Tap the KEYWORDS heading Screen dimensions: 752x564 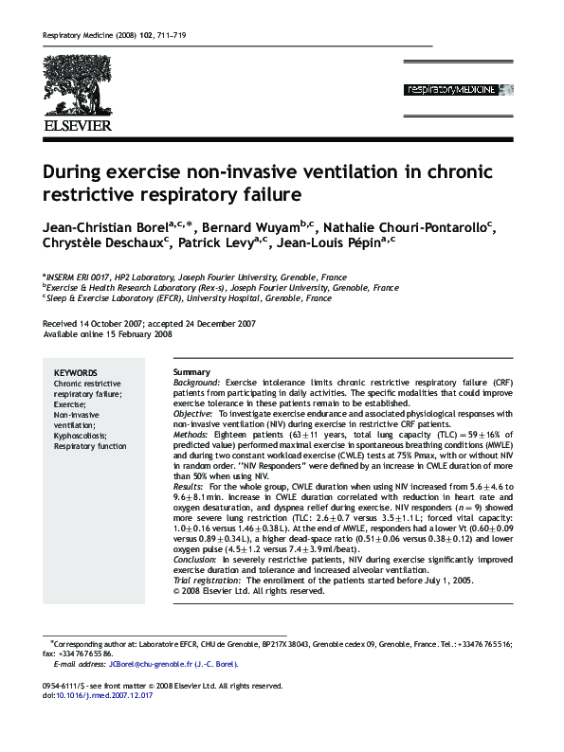(76, 373)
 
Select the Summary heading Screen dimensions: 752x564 (192, 372)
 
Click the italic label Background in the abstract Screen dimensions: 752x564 (198, 383)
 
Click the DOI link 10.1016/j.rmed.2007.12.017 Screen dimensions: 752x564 (97, 695)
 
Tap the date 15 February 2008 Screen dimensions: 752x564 (139, 333)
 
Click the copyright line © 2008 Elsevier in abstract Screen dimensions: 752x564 (249, 591)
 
